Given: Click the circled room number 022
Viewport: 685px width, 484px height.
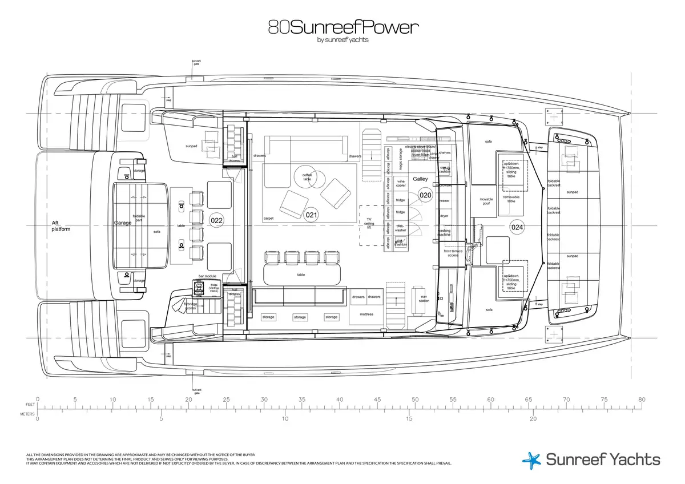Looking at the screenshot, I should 216,220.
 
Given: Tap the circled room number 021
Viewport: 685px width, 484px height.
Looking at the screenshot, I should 312,215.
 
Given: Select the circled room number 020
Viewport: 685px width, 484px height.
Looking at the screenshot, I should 426,195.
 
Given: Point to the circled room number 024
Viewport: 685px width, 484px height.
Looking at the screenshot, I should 517,227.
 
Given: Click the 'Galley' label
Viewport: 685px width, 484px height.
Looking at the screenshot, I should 420,179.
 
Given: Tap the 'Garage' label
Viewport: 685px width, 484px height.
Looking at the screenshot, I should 123,223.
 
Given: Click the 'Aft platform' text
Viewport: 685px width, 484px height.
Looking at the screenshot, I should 61,226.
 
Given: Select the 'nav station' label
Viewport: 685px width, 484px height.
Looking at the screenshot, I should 424,299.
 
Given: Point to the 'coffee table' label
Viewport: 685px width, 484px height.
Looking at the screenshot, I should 307,177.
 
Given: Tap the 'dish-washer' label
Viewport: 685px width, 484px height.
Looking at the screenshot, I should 401,228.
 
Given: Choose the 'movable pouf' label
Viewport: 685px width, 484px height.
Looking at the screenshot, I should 486,201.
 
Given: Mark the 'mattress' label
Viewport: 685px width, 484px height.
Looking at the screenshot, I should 366,314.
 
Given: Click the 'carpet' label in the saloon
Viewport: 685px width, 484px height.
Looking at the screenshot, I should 269,218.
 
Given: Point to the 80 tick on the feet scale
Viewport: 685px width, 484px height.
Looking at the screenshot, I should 642,400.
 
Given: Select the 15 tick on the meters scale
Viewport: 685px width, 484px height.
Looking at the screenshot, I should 409,418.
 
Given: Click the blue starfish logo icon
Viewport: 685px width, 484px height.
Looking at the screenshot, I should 531,460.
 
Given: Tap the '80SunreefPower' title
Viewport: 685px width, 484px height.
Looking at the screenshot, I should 342,27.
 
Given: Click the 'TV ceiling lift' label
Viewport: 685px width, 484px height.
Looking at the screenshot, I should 369,223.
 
